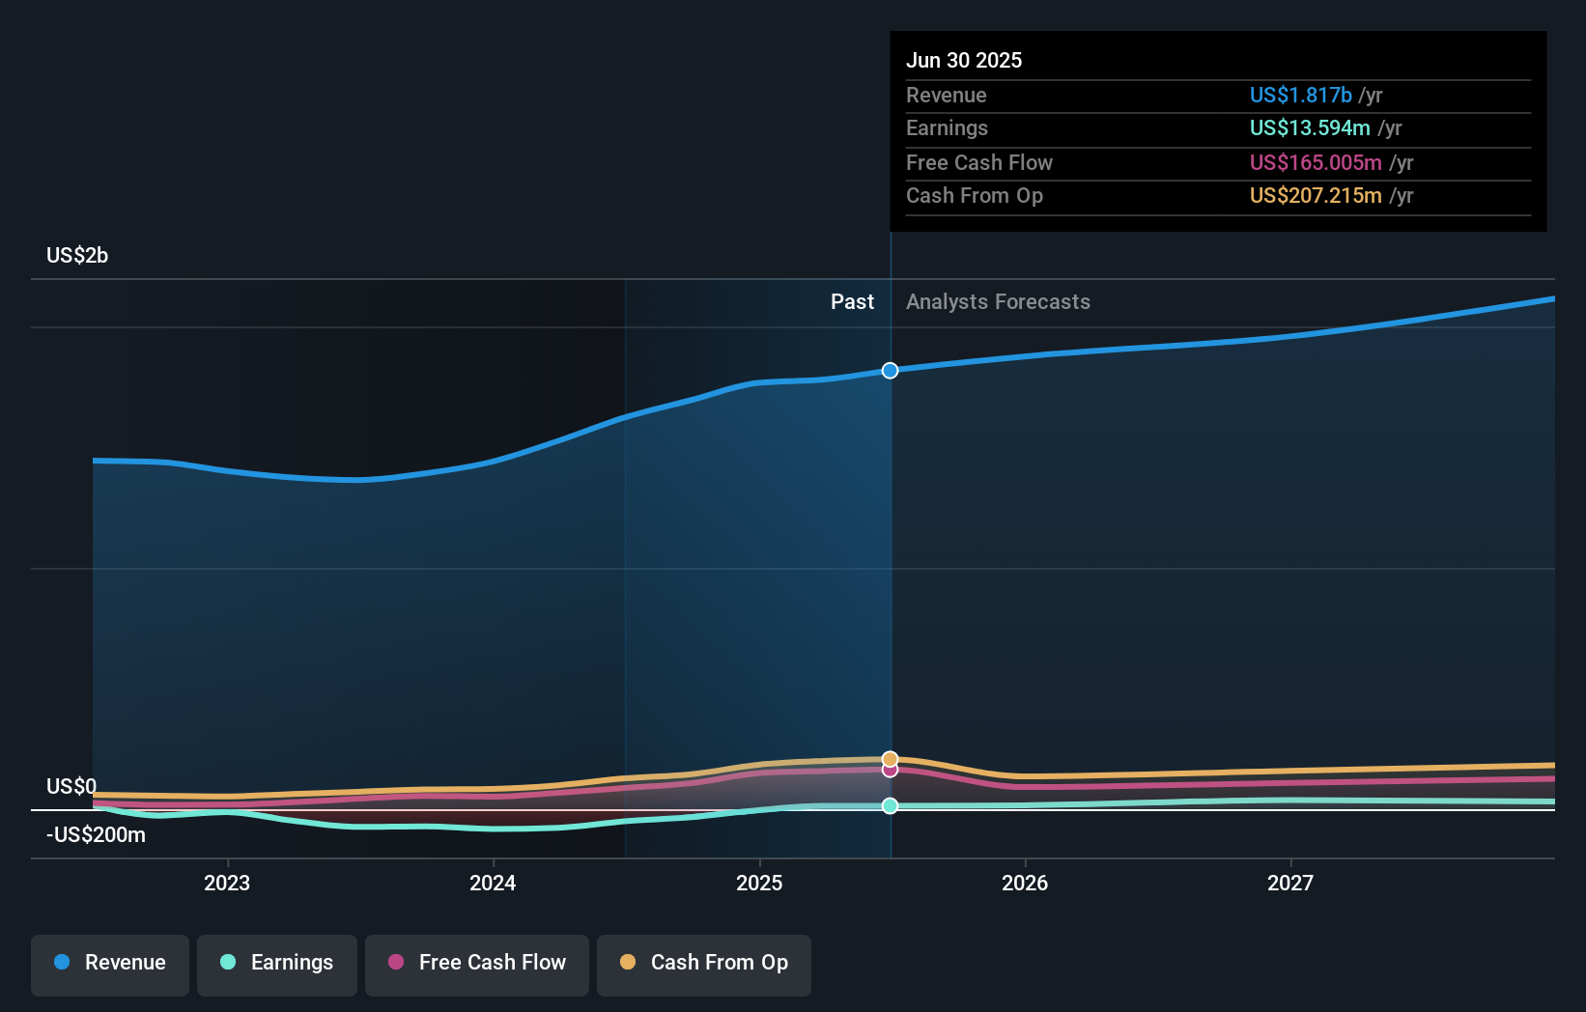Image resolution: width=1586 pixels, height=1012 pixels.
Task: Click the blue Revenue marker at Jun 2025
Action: pyautogui.click(x=890, y=371)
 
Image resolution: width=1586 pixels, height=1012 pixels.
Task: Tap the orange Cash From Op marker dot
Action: pyautogui.click(x=890, y=759)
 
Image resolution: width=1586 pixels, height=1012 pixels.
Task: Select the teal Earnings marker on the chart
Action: pyautogui.click(x=890, y=805)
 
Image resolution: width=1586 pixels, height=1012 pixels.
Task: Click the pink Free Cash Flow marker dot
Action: pyautogui.click(x=890, y=770)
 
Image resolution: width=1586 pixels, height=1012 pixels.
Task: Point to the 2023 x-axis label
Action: pyautogui.click(x=227, y=883)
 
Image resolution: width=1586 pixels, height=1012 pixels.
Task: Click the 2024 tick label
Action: pyautogui.click(x=493, y=883)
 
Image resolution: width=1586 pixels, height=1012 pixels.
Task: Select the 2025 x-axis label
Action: pyautogui.click(x=759, y=883)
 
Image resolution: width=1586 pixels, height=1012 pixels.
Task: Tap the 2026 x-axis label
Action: pyautogui.click(x=1025, y=883)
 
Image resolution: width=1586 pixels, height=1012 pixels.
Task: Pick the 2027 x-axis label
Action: pyautogui.click(x=1290, y=883)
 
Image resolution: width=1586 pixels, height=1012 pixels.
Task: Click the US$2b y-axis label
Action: pyautogui.click(x=77, y=255)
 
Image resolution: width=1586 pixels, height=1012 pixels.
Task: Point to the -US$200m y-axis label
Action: pyautogui.click(x=97, y=834)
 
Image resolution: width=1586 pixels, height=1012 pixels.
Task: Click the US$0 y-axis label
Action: pyautogui.click(x=71, y=786)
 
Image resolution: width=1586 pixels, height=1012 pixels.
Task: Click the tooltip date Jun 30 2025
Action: pyautogui.click(x=964, y=60)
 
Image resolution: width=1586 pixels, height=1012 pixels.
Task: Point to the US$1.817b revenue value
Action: pyautogui.click(x=1300, y=95)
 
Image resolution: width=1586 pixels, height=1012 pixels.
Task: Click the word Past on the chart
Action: pyautogui.click(x=852, y=301)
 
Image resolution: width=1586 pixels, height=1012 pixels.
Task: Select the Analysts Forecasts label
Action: pyautogui.click(x=998, y=301)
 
